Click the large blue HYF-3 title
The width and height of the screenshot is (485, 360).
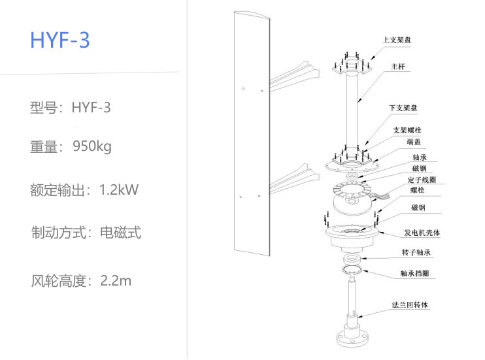[59, 40]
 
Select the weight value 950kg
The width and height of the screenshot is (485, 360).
[92, 146]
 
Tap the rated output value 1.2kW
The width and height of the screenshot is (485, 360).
[119, 190]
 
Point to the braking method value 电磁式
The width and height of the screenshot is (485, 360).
[120, 233]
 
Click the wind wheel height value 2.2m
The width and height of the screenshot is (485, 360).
[116, 282]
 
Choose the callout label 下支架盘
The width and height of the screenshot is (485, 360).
[403, 108]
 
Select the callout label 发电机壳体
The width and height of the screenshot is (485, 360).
[422, 233]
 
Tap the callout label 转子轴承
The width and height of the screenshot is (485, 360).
[416, 252]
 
